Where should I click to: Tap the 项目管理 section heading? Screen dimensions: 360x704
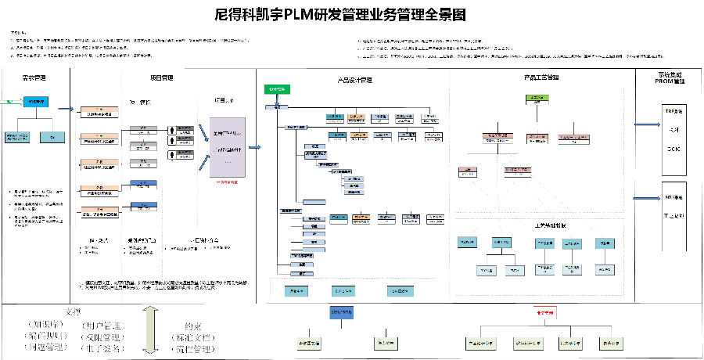tap(161, 78)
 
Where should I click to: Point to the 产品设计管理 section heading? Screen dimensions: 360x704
tap(354, 79)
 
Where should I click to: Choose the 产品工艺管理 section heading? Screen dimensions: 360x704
tap(541, 78)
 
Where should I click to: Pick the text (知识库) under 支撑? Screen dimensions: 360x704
tap(44, 324)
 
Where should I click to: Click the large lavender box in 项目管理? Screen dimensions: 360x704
tap(228, 146)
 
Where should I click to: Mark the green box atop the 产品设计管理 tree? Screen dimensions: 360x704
tap(277, 89)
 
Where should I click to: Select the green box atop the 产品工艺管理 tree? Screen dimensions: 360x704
tap(536, 98)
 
